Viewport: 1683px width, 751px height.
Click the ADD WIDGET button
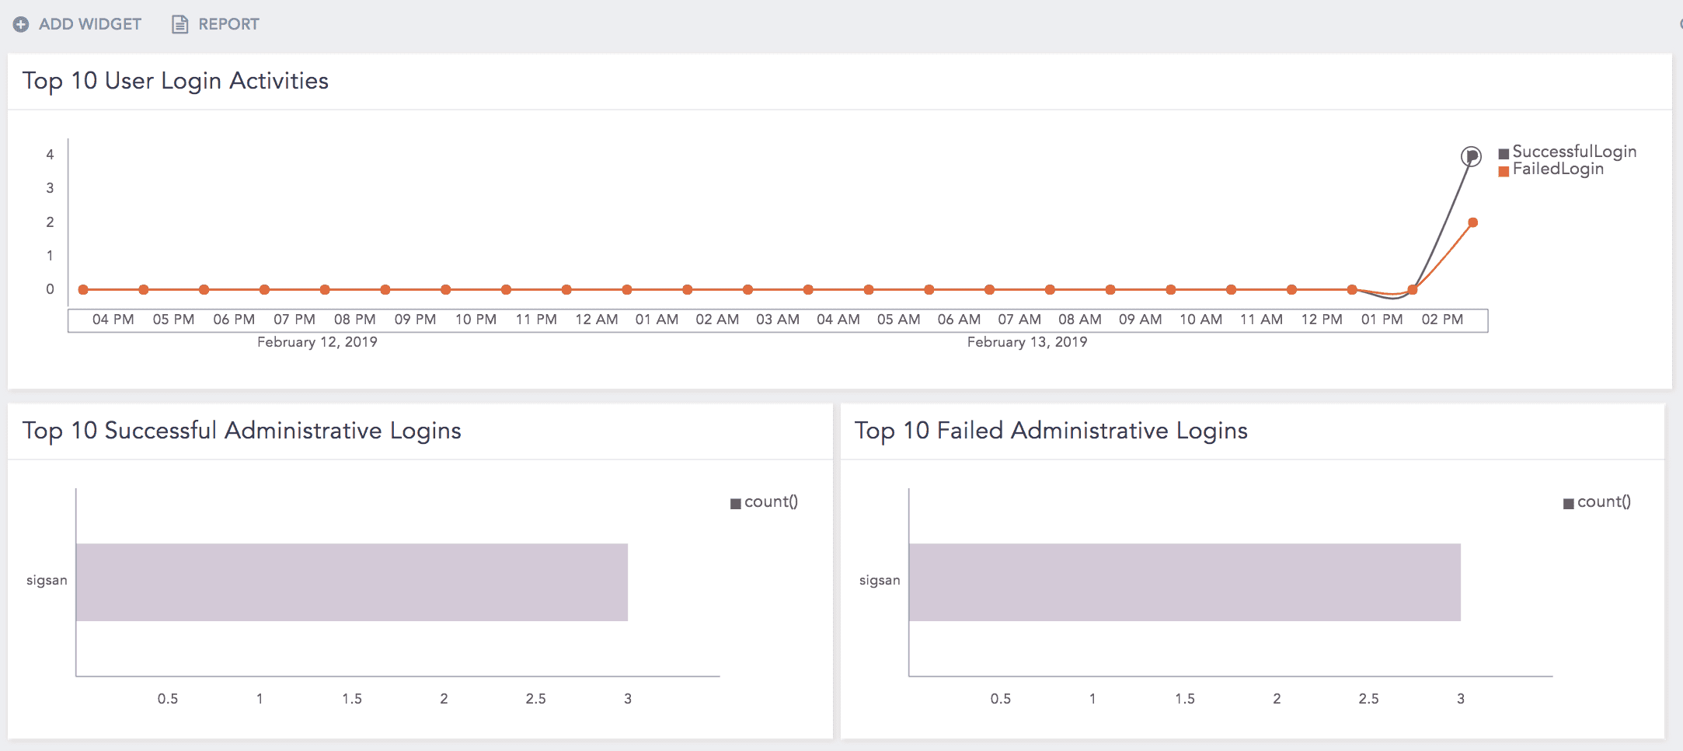[x=78, y=24]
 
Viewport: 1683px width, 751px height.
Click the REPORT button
[x=216, y=24]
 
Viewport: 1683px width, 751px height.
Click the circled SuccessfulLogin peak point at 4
[x=1471, y=156]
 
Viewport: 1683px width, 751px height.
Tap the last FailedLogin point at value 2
[x=1472, y=223]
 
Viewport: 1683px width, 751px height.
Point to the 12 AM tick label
[x=596, y=320]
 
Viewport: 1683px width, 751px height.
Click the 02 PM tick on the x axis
[x=1442, y=320]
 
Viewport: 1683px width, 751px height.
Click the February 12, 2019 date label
[x=317, y=342]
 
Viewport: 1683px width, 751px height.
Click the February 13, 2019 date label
[x=1026, y=342]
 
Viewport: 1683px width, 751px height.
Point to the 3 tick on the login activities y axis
[x=50, y=188]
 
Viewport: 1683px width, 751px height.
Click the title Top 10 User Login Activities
[x=176, y=81]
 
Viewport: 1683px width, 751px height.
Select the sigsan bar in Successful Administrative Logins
[x=351, y=582]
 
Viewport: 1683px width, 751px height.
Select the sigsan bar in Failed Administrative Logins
[x=1184, y=582]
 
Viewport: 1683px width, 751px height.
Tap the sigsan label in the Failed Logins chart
[x=880, y=581]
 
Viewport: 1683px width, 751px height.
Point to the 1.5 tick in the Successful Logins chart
[x=352, y=699]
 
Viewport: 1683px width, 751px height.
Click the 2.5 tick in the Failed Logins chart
[x=1368, y=699]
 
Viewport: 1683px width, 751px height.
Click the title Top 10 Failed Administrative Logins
[x=1051, y=431]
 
